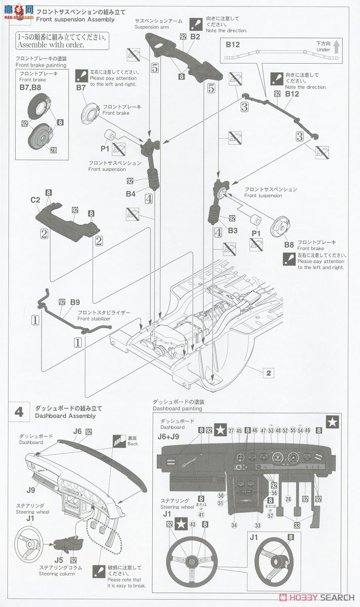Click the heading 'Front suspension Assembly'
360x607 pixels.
tap(75, 20)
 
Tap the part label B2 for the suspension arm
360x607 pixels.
tap(195, 36)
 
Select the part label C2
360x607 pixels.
tap(35, 200)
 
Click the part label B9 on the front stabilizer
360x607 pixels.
tap(75, 302)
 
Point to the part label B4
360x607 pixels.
tap(131, 193)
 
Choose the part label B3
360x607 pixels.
tap(233, 231)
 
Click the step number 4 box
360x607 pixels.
tap(19, 412)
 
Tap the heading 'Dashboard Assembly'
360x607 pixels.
tap(65, 416)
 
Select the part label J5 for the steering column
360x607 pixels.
tap(59, 560)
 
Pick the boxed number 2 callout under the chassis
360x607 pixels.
tap(268, 373)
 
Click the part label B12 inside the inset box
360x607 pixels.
tap(233, 45)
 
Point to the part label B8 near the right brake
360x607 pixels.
tap(289, 245)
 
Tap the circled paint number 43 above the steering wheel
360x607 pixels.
tap(193, 525)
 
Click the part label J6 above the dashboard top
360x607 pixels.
tap(76, 431)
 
